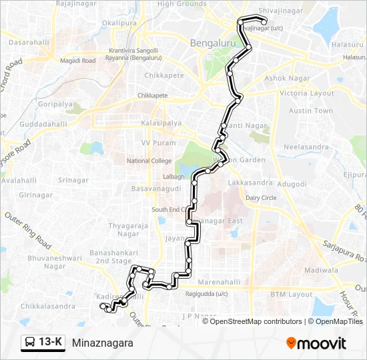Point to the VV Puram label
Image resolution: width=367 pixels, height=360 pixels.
coord(158,143)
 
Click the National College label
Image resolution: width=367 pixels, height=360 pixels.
coord(149,161)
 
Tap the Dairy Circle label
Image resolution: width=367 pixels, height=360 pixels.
coord(261,197)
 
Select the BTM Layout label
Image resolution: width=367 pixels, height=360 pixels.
coord(291,294)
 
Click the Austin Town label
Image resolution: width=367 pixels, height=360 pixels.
coord(311,111)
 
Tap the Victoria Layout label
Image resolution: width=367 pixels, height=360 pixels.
coord(307,93)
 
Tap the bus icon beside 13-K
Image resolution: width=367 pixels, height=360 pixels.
coord(30,343)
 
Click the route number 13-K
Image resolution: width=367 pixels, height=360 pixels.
coord(51,343)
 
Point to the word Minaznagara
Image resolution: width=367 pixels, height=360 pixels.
coord(103,343)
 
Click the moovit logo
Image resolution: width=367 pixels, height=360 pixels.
coord(316,343)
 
